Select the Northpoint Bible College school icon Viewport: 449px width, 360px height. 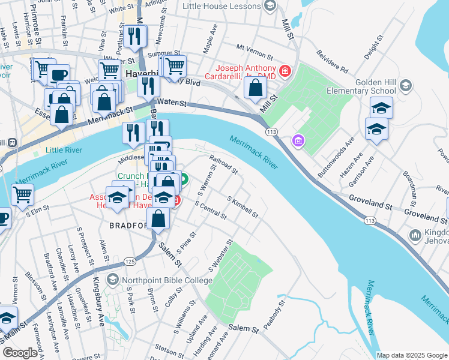click(112, 280)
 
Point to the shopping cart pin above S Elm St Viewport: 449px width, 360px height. click(22, 194)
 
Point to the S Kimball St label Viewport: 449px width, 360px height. click(243, 206)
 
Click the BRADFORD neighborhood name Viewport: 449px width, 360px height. click(128, 226)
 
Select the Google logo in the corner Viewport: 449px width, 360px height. click(20, 353)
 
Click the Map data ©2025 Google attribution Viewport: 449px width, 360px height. click(411, 355)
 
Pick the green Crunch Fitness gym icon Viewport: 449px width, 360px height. click(183, 178)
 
